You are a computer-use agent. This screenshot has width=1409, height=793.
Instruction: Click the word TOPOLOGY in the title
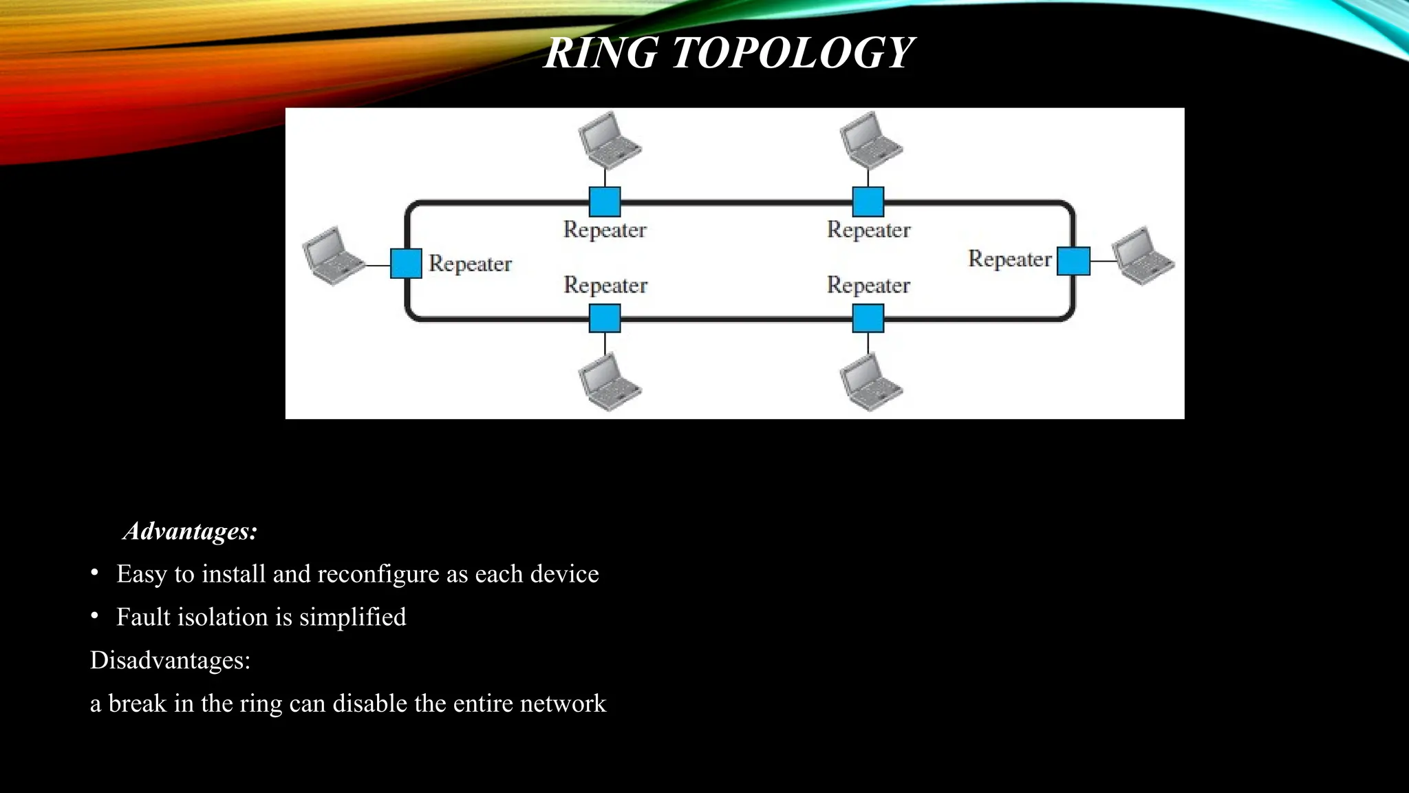(793, 53)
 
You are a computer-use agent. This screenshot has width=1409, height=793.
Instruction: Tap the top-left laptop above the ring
(608, 140)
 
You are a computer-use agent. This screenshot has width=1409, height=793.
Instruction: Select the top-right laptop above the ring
(870, 140)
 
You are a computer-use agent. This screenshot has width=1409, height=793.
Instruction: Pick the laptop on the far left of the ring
(333, 255)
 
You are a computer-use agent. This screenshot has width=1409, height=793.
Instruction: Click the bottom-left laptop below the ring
(608, 382)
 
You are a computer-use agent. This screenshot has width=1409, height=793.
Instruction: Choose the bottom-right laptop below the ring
(870, 382)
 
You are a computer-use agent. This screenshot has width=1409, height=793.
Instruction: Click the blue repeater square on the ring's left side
(406, 264)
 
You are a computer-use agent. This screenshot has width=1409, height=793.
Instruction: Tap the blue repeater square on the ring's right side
(1073, 261)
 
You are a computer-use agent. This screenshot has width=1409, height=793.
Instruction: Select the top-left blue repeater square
(605, 202)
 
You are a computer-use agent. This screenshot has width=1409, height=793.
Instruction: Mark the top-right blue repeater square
(868, 202)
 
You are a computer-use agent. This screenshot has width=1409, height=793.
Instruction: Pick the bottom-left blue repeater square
(605, 318)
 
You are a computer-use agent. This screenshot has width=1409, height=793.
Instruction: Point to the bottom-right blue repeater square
(868, 318)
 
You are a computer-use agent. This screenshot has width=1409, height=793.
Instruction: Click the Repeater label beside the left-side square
(471, 264)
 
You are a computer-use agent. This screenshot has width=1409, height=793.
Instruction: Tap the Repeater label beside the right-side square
(1010, 259)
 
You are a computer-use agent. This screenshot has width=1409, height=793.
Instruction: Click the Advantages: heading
(191, 531)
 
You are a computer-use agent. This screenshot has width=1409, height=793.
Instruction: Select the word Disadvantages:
(170, 660)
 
